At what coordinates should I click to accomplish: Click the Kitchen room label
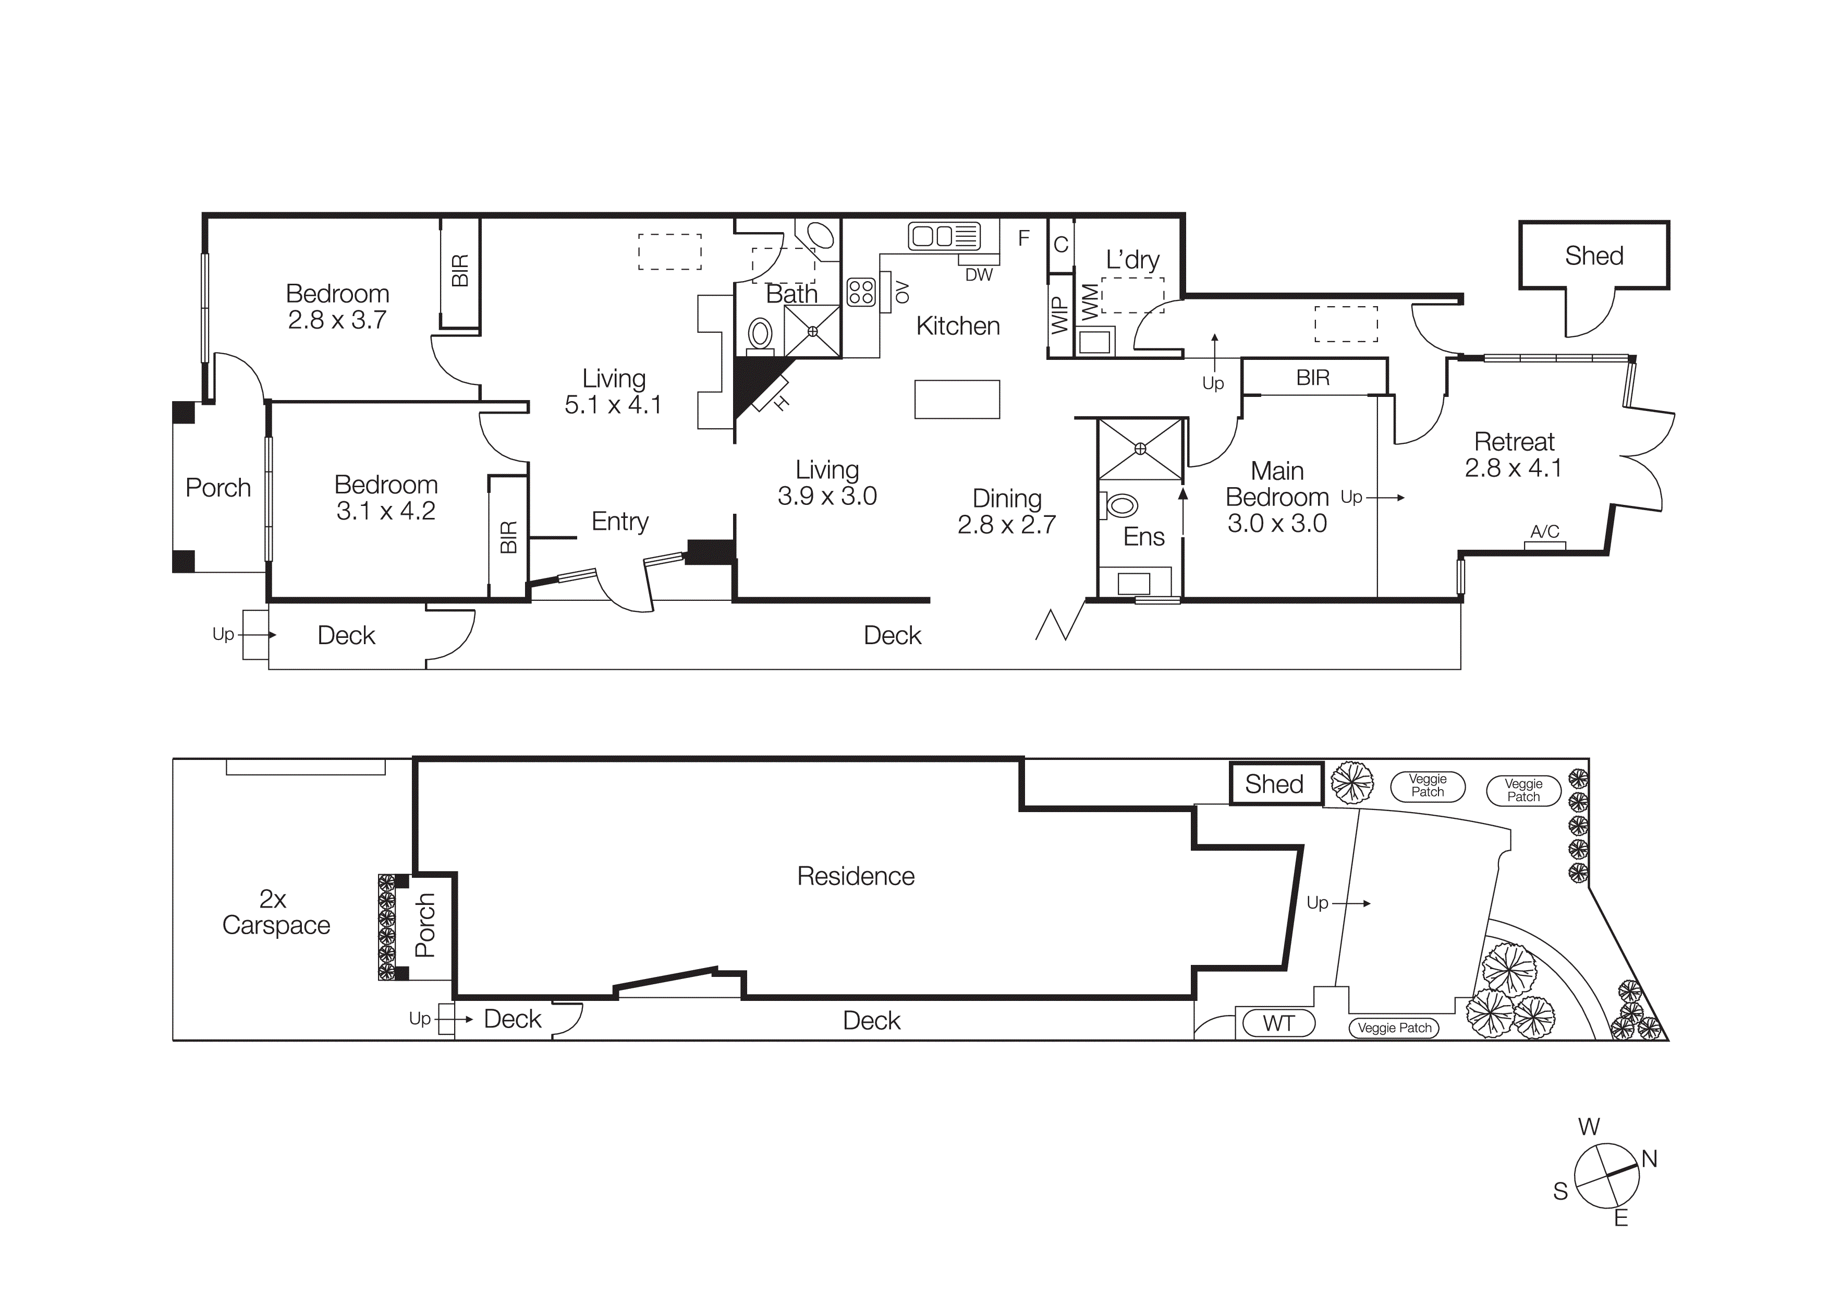[x=958, y=326]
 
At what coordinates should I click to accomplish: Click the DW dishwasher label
[x=979, y=275]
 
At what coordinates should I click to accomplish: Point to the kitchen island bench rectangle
[x=957, y=399]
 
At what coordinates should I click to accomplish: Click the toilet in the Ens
[x=1121, y=505]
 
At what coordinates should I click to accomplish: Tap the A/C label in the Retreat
[x=1545, y=531]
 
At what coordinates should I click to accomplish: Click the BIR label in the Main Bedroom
[x=1313, y=378]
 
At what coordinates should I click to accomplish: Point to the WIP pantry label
[x=1059, y=315]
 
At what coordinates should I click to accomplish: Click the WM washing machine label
[x=1089, y=302]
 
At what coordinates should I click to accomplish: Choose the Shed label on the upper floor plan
[x=1593, y=256]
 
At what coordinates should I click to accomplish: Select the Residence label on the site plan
[x=856, y=876]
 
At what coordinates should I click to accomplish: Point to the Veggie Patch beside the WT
[x=1394, y=1028]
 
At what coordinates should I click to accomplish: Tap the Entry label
[x=620, y=521]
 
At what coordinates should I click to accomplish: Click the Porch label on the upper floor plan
[x=217, y=488]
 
